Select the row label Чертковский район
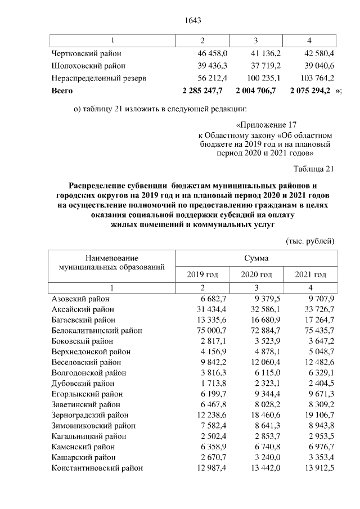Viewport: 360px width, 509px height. coord(86,53)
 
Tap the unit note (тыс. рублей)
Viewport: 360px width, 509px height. coord(310,241)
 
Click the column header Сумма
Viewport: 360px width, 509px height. coord(256,258)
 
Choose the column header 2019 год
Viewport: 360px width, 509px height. coord(202,274)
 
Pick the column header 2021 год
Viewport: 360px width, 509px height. coord(310,274)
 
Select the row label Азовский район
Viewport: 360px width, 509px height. coord(80,299)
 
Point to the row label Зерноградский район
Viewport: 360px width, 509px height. coord(89,415)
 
